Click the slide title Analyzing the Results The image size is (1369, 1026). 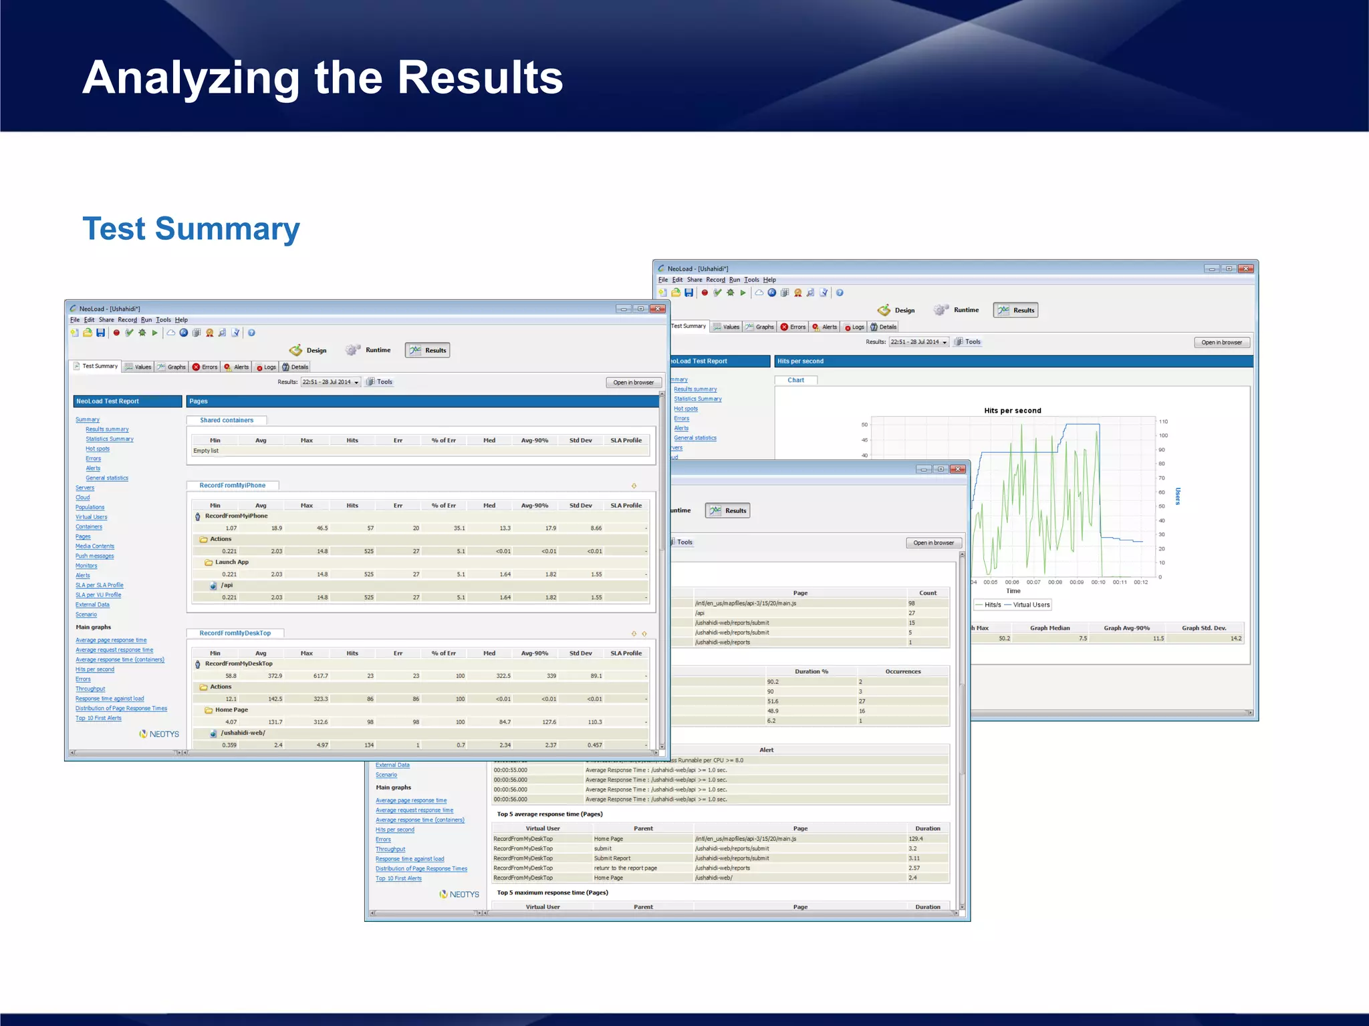pos(322,77)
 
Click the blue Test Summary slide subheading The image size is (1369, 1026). pos(191,228)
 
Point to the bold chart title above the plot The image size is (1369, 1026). pos(1012,411)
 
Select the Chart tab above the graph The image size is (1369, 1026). pos(795,380)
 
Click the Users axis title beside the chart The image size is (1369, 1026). pos(1177,496)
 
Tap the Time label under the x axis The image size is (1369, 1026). pos(1013,591)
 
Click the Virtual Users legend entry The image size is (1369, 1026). pos(1031,605)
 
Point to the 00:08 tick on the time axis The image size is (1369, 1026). pos(1055,582)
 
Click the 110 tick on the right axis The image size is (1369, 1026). pos(1163,421)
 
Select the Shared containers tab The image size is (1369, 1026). pos(227,421)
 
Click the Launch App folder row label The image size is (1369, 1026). pos(231,562)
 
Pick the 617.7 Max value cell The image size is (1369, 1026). pos(320,676)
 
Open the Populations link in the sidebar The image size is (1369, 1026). pos(90,508)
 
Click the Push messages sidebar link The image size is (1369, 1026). pos(94,556)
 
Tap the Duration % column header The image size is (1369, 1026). pos(811,672)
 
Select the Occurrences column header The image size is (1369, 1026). pos(902,672)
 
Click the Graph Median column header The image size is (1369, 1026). pos(1049,629)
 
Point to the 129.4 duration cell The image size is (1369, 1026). pos(915,839)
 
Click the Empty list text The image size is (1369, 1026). pos(206,451)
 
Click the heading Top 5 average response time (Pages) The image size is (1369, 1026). pos(549,814)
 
